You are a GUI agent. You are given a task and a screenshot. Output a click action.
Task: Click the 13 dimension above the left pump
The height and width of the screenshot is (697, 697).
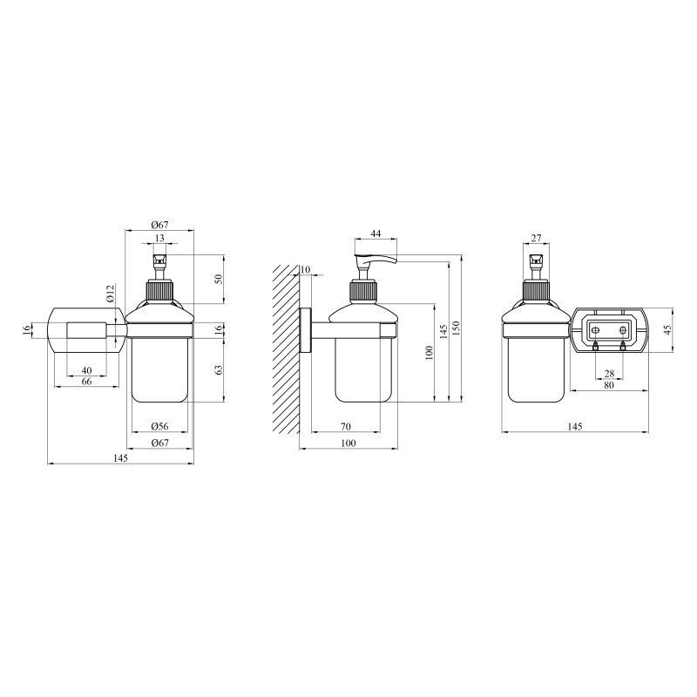(159, 238)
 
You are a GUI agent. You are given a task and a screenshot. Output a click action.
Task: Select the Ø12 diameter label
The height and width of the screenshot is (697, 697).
(111, 294)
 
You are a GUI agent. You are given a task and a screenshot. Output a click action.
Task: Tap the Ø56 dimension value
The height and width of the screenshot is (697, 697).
(159, 426)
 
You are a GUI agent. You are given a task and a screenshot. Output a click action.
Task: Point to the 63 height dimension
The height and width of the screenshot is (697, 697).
(219, 369)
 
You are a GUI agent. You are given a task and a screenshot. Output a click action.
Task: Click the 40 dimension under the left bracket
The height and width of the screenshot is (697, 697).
(86, 370)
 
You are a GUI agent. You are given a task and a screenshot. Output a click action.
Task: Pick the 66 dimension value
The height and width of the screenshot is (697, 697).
(86, 382)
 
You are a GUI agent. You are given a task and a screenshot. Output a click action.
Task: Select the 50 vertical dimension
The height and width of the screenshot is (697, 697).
(219, 280)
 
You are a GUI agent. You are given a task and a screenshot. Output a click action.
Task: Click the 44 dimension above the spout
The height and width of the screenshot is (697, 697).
(376, 233)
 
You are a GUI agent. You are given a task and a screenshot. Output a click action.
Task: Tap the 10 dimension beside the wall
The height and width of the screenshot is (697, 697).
(305, 270)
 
